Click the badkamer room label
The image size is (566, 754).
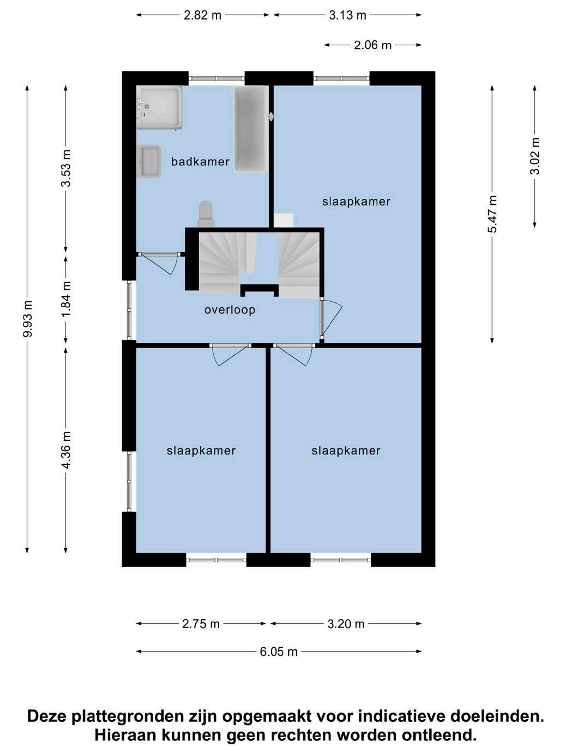[200, 161]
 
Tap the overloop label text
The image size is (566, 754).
[230, 310]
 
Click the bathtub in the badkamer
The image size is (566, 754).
[251, 129]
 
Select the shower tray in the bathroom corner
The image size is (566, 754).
[159, 107]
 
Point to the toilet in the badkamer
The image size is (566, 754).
[206, 214]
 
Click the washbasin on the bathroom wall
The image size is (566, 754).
[149, 161]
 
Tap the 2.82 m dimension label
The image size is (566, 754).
[202, 16]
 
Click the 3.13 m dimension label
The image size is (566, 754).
[347, 16]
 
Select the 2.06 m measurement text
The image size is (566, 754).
[373, 45]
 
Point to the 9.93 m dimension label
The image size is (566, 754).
[28, 319]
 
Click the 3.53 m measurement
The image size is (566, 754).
[65, 168]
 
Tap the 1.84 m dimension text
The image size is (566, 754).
[65, 300]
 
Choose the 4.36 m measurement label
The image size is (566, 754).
[65, 450]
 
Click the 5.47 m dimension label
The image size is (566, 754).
[492, 214]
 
